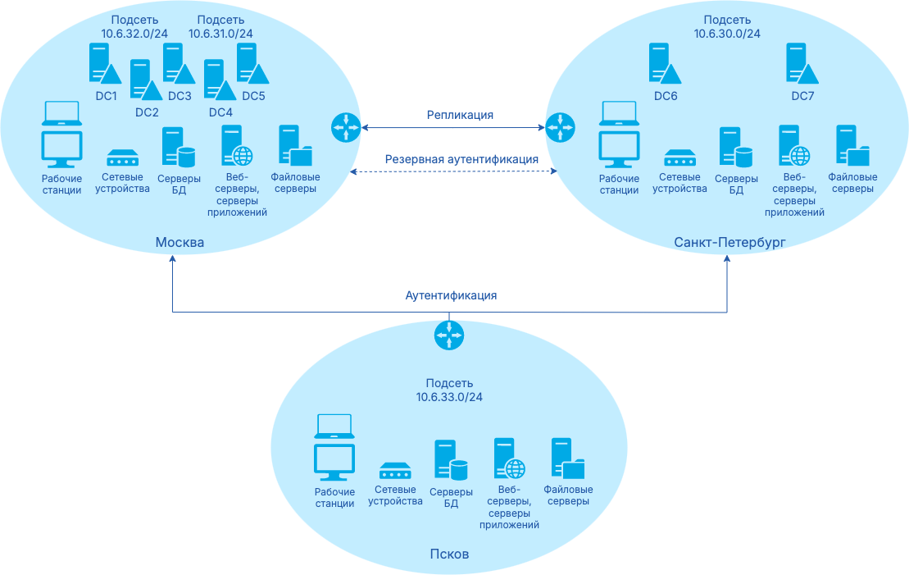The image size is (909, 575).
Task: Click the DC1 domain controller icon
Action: [x=104, y=63]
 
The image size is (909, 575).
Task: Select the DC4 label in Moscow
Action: [x=220, y=112]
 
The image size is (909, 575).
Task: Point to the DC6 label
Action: [x=666, y=96]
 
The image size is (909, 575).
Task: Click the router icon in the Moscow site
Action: [x=345, y=126]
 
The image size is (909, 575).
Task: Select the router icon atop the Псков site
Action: [x=449, y=334]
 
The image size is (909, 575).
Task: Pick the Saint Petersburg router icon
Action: [x=561, y=126]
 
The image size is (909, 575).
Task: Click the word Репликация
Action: [x=460, y=115]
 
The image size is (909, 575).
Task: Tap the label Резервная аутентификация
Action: [x=461, y=159]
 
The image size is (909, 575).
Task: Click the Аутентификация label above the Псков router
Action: [x=451, y=295]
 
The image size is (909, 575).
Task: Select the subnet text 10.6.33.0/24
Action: [x=449, y=397]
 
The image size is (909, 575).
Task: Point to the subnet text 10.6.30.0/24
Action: [x=727, y=34]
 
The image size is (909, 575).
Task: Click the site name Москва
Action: [x=180, y=243]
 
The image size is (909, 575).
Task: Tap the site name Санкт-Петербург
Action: [x=729, y=243]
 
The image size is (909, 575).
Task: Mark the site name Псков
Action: [x=449, y=554]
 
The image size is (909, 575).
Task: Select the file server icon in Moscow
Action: [x=295, y=147]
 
